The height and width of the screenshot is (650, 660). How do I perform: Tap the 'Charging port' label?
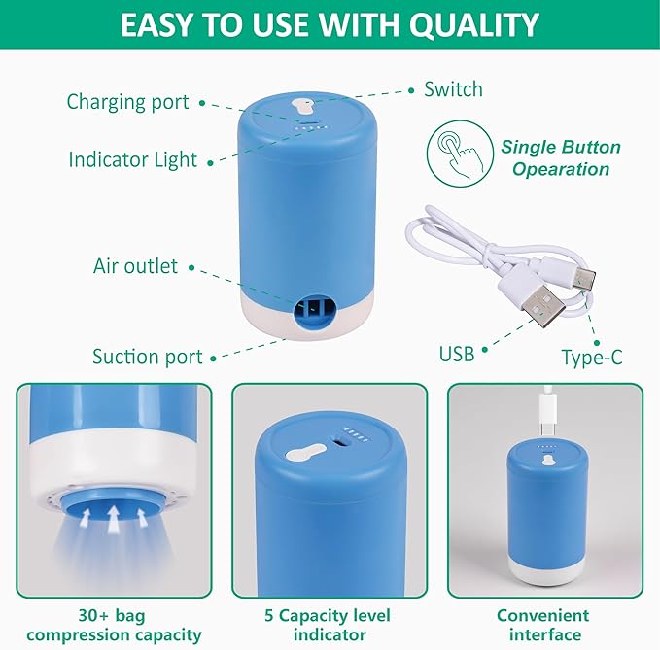tap(127, 101)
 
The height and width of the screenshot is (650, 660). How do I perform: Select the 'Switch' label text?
tap(453, 89)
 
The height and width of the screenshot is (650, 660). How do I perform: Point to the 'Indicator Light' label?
tap(132, 159)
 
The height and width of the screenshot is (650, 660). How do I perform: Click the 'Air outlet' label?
tap(135, 265)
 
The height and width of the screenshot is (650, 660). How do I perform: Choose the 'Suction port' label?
tap(147, 357)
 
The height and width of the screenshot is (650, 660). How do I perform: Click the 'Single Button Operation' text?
tap(561, 158)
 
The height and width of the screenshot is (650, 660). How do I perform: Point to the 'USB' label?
tap(456, 354)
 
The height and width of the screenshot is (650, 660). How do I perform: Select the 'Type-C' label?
tap(592, 358)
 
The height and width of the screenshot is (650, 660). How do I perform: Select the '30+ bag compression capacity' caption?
tap(113, 625)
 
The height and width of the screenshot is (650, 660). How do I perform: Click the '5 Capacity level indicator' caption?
tap(329, 625)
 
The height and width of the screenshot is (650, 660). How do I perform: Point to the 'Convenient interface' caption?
tap(542, 625)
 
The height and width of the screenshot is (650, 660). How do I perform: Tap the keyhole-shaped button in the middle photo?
tap(306, 452)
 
